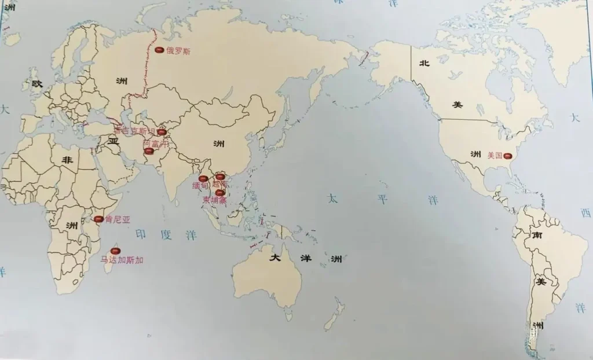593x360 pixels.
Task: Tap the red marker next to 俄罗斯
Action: click(x=159, y=50)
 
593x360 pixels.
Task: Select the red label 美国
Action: click(x=495, y=155)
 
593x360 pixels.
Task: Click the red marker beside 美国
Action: click(x=508, y=155)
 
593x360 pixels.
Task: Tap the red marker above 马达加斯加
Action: click(x=115, y=251)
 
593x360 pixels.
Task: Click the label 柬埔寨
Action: click(x=215, y=200)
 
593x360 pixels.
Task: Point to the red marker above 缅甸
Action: click(x=203, y=178)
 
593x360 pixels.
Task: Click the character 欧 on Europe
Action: click(x=37, y=84)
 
